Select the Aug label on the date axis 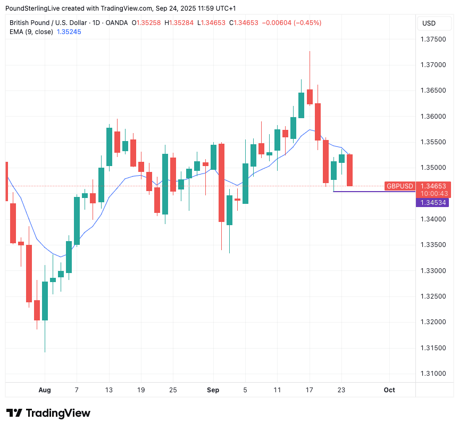point(45,390)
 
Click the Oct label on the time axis point(389,390)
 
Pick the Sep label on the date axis point(213,390)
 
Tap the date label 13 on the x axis point(110,390)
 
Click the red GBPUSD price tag point(399,186)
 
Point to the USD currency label point(429,23)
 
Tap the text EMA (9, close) point(31,32)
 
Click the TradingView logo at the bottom point(48,413)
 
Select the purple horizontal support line point(372,191)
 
